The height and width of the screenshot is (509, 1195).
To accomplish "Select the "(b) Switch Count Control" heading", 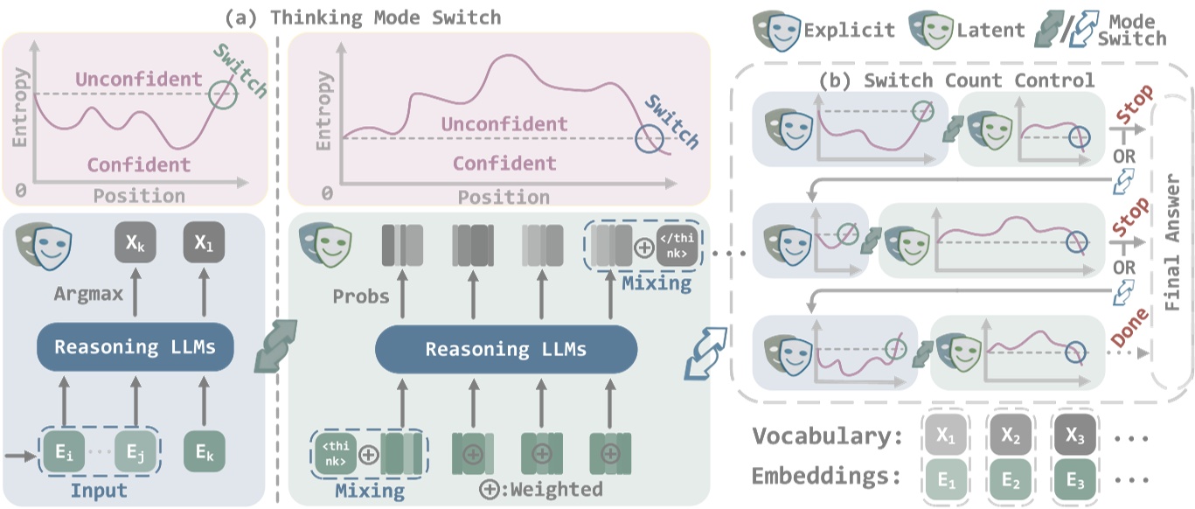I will pos(956,81).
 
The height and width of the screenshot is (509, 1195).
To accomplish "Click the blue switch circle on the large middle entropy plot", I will pos(648,138).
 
